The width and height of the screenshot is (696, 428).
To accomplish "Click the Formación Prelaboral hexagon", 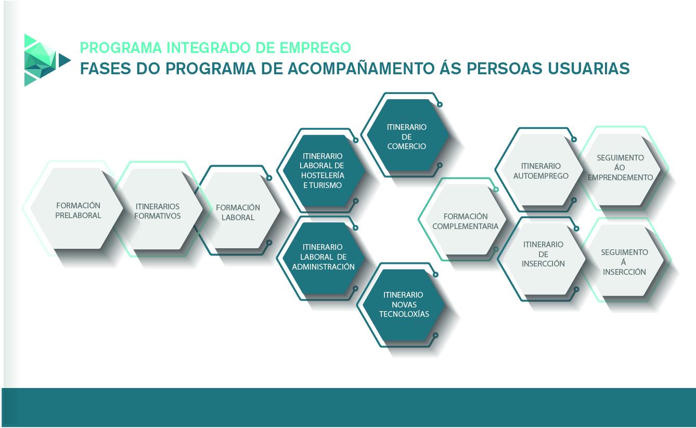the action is pyautogui.click(x=76, y=209).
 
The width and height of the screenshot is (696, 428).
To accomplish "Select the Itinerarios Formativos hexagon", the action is pyautogui.click(x=157, y=209).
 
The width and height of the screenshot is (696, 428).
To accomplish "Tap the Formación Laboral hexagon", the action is pyautogui.click(x=238, y=210).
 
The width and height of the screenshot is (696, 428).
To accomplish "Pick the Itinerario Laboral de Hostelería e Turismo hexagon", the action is pyautogui.click(x=323, y=171).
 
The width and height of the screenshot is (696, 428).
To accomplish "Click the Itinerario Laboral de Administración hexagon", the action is pyautogui.click(x=323, y=258).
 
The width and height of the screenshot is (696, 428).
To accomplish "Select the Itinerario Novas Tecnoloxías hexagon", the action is pyautogui.click(x=404, y=305).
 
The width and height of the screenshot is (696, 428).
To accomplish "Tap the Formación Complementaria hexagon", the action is pyautogui.click(x=466, y=219).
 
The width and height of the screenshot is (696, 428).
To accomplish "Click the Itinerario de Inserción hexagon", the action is pyautogui.click(x=544, y=259).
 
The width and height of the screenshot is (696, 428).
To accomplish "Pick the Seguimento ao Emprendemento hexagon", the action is pyautogui.click(x=620, y=170).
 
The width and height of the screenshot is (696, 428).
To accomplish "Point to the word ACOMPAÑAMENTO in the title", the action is pyautogui.click(x=360, y=69).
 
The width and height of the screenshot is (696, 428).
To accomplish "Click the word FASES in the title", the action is pyautogui.click(x=106, y=69).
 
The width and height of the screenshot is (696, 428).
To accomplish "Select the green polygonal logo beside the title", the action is pyautogui.click(x=47, y=60).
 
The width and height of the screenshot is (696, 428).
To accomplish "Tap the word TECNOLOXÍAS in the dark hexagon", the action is pyautogui.click(x=404, y=314).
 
